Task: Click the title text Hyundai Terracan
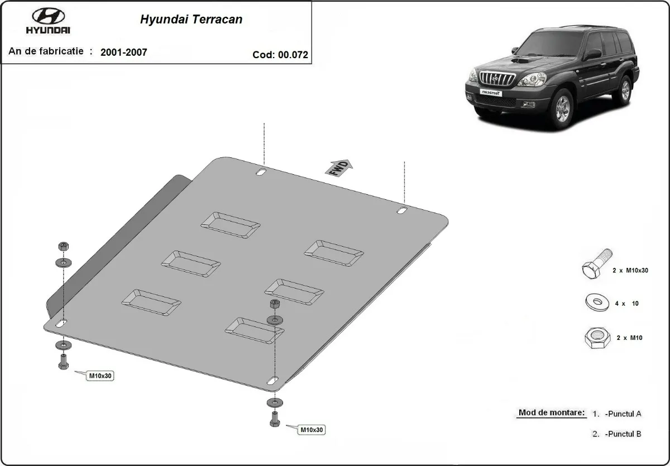[x=190, y=19]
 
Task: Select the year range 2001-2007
[x=124, y=52]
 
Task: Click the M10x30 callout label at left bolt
[x=100, y=376]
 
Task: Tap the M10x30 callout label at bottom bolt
[x=312, y=430]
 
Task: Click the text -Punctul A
[x=623, y=414]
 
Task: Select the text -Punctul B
[x=623, y=434]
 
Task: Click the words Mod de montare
[x=551, y=413]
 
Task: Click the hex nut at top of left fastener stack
[x=63, y=247]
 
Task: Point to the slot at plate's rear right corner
[x=402, y=210]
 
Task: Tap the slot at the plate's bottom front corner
[x=272, y=381]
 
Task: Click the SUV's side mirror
[x=592, y=54]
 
